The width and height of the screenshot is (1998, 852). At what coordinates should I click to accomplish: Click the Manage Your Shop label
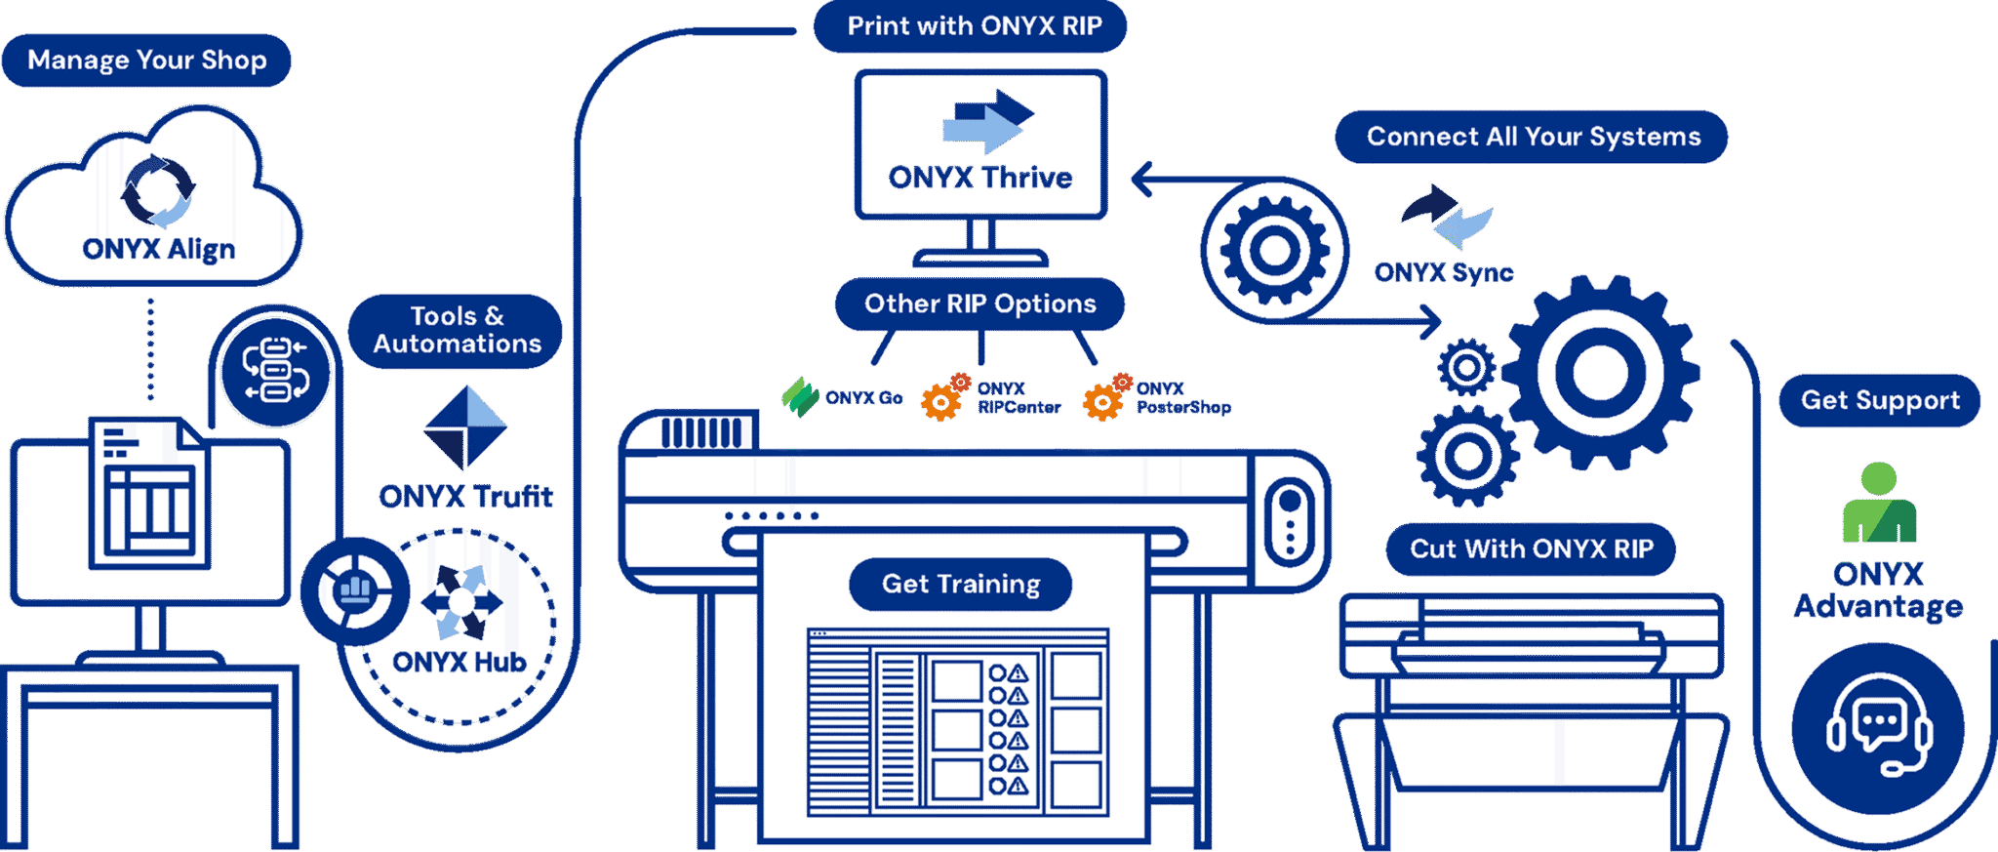coord(146,61)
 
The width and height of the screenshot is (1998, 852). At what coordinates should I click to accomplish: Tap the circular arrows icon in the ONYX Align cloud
coord(158,191)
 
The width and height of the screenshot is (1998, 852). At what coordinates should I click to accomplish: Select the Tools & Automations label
coord(456,331)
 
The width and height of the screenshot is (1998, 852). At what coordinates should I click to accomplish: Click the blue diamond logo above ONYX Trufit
coord(465,426)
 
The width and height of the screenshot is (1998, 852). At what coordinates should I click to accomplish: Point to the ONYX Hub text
coord(459,663)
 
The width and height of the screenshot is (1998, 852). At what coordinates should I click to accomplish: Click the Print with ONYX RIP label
coord(973,26)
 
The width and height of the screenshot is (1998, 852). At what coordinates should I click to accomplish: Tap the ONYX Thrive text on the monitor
coord(979,178)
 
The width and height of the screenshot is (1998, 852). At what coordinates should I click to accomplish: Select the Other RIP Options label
coord(979,304)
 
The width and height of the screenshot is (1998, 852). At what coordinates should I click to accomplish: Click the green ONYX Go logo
coord(801,397)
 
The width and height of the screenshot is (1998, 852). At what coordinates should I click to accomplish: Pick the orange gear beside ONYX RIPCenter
coord(943,397)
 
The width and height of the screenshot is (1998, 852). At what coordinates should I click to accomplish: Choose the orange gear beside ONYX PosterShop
coord(1105,397)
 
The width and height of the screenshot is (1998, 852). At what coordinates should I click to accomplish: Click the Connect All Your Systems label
coord(1532,137)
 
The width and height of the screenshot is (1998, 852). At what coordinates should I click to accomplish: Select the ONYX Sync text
coord(1443,272)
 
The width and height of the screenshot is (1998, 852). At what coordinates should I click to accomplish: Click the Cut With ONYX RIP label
coord(1531,549)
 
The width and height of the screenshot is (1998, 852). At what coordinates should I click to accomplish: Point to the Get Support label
coord(1879,401)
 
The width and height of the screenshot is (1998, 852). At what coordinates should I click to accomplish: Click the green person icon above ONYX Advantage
coord(1879,505)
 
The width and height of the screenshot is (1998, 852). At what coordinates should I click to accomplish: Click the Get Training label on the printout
coord(961,585)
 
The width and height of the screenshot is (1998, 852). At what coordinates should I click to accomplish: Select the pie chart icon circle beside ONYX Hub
coord(353,590)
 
